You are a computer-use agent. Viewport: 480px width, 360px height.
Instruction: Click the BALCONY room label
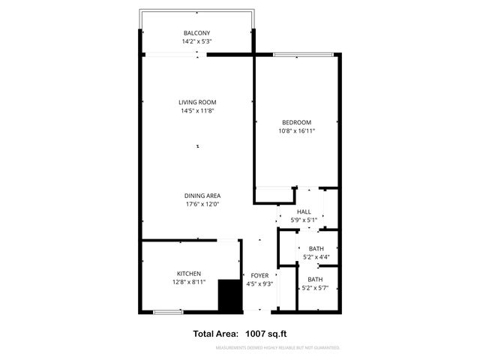[x=197, y=33]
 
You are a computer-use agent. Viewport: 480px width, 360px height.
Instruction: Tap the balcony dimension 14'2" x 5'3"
[x=197, y=42]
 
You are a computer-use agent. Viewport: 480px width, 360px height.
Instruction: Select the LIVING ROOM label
[x=198, y=102]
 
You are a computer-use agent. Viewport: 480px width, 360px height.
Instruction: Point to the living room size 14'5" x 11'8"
[x=198, y=112]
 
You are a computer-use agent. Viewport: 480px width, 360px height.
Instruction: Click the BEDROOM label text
[x=296, y=122]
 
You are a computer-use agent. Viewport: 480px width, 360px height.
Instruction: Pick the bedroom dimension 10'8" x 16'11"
[x=296, y=131]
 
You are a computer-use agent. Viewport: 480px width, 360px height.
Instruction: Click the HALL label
[x=304, y=212]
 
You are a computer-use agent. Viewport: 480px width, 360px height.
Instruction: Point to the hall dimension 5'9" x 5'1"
[x=304, y=220]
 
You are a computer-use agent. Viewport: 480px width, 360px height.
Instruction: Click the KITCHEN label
[x=188, y=274]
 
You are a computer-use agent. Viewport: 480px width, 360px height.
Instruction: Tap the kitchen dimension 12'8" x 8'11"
[x=188, y=283]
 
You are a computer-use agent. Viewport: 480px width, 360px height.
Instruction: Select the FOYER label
[x=259, y=275]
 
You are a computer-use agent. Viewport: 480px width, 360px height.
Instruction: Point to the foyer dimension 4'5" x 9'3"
[x=259, y=284]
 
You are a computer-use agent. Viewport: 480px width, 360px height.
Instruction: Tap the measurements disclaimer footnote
[x=277, y=348]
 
